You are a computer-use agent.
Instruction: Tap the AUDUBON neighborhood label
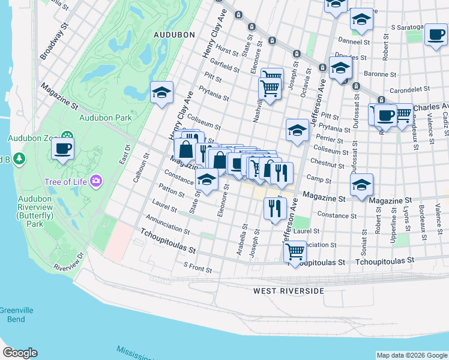click(175, 35)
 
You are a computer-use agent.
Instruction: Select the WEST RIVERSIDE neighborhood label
click(288, 291)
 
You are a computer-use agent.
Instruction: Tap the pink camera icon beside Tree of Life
click(96, 181)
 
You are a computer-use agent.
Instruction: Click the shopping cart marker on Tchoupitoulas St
click(295, 252)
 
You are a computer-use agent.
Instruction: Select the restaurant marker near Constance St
click(274, 209)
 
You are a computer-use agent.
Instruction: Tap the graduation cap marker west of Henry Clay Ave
click(161, 93)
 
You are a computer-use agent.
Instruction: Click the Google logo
click(20, 353)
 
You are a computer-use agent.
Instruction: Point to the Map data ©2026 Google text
click(411, 355)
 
